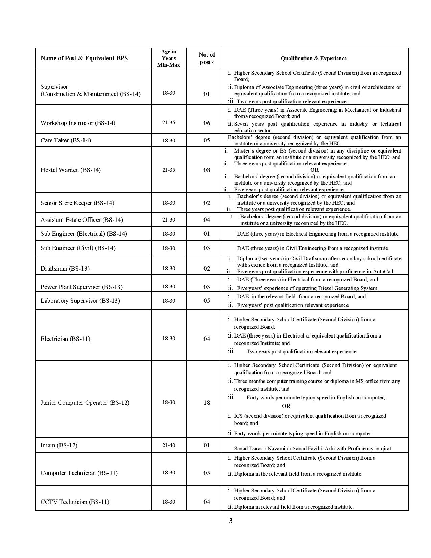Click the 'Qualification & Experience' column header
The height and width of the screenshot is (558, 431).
point(314,58)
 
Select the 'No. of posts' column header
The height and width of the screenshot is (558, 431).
point(207,58)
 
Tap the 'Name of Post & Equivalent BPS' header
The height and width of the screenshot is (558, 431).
point(84,58)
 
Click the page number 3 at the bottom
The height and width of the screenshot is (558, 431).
point(231,521)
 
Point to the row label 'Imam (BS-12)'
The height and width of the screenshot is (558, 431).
point(59,445)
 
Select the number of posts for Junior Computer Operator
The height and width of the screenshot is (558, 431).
point(207,402)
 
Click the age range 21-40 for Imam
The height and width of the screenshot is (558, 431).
point(169,445)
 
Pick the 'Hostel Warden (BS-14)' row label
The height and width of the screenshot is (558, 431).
point(71,170)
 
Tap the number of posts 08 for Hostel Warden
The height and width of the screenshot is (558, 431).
point(207,170)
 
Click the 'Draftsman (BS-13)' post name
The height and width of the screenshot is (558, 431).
point(65,269)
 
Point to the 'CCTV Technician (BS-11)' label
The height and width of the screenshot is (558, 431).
point(75,502)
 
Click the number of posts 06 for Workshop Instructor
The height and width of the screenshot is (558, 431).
point(207,123)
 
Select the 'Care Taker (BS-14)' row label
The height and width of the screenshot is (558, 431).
point(66,140)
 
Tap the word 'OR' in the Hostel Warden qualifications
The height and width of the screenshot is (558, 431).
point(314,170)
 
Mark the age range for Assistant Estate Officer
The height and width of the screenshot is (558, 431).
point(169,220)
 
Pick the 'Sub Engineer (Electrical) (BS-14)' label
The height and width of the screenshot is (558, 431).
point(84,234)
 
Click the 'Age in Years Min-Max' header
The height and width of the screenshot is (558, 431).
point(169,58)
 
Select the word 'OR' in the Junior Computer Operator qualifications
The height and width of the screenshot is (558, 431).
point(286,406)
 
